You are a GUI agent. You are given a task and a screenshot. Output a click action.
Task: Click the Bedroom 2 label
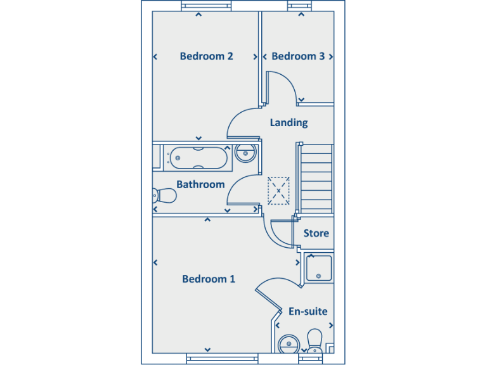click(206, 56)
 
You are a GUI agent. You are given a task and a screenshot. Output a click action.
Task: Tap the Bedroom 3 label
click(298, 56)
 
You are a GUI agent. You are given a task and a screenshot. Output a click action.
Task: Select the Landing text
click(289, 122)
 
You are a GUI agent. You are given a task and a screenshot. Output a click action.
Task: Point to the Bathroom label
click(200, 184)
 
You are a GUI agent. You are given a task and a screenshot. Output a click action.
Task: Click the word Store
click(316, 233)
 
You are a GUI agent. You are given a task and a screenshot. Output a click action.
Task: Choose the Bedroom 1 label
click(209, 279)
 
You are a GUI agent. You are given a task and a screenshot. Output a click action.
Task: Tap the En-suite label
click(308, 311)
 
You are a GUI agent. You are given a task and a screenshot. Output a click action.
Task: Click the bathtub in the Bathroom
click(197, 158)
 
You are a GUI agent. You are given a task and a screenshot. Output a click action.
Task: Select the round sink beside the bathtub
click(245, 153)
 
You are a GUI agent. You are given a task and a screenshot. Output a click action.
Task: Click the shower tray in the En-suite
click(319, 267)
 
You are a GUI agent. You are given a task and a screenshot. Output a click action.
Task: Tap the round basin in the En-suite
click(289, 345)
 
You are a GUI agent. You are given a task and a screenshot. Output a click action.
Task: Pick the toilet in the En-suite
click(315, 340)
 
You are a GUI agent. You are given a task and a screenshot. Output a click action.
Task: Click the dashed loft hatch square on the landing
click(278, 190)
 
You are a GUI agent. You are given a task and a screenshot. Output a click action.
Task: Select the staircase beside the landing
click(315, 179)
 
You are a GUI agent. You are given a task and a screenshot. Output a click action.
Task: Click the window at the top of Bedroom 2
click(206, 6)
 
